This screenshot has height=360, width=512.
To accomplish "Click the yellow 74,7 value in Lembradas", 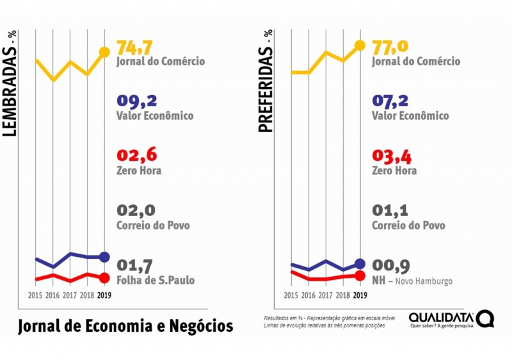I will tap(137, 47).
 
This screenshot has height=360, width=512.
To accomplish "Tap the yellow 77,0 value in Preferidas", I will tap(392, 47).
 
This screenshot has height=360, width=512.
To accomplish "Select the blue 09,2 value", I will tap(137, 101).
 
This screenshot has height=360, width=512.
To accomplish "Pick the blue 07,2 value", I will tap(392, 101).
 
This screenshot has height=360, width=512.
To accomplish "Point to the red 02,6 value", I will tap(137, 156).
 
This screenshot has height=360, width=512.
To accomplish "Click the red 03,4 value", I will tap(392, 156).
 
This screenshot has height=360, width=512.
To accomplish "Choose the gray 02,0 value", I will tap(136, 211).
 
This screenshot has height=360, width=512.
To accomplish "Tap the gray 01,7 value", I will tap(136, 265).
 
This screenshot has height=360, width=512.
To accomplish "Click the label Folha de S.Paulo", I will tap(156, 280).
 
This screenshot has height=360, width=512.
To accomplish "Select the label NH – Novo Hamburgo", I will tap(412, 281).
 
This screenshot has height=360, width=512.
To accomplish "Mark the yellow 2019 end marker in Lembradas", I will tap(104, 52).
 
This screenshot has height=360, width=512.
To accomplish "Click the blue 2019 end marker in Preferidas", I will tap(360, 264).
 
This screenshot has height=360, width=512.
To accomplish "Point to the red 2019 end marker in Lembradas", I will tap(104, 277).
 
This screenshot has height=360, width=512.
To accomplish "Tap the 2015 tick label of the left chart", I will tap(36, 295).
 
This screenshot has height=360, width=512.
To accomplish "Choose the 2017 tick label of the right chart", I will tap(325, 295).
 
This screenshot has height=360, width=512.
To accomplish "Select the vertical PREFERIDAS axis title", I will tap(266, 81).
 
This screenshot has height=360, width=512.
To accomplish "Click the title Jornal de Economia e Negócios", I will tap(125, 326).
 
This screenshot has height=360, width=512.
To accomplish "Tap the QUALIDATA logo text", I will tap(442, 317).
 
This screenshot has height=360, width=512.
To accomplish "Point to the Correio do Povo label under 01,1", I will tap(408, 225).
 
